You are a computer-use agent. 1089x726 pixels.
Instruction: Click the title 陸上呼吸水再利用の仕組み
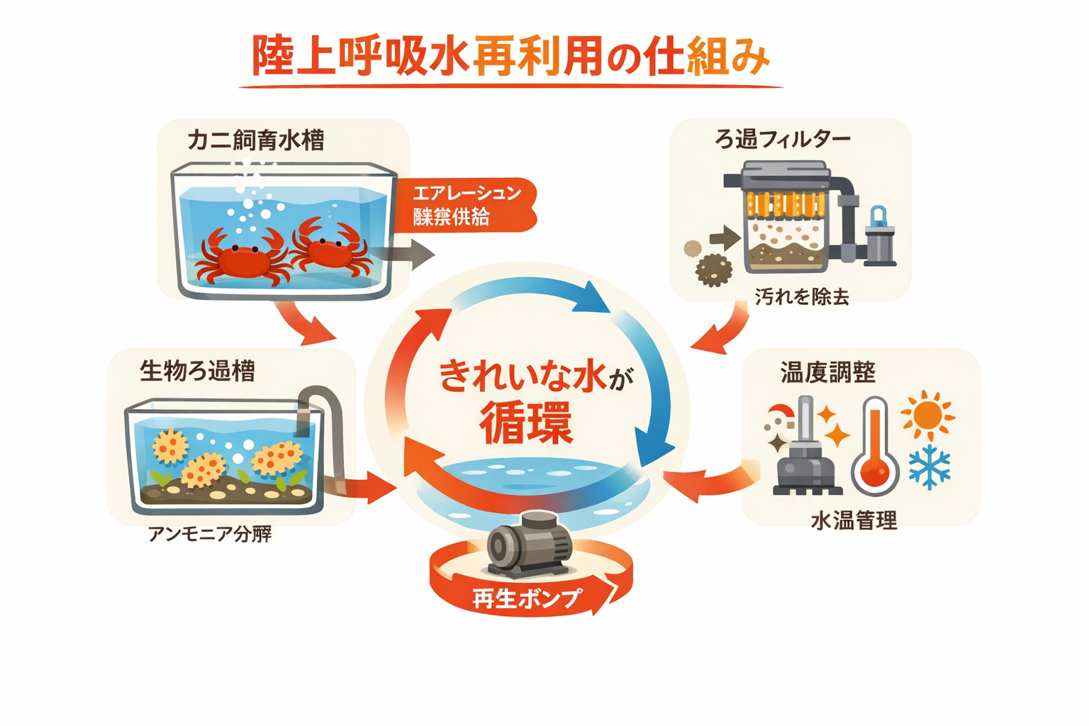click(x=510, y=57)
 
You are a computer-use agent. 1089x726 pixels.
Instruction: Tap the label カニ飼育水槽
click(x=256, y=140)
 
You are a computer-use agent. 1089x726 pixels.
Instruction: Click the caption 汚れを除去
click(x=801, y=296)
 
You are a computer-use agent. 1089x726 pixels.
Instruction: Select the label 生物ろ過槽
click(x=197, y=371)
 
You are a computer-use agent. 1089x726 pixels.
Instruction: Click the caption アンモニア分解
click(x=210, y=534)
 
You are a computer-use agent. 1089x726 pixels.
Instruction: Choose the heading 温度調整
click(x=827, y=372)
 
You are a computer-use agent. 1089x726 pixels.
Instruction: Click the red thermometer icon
click(x=875, y=447)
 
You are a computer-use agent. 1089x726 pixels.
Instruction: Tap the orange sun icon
click(x=927, y=414)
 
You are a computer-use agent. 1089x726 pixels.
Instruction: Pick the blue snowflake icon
click(x=929, y=468)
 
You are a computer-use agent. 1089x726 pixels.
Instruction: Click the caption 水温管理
click(x=854, y=521)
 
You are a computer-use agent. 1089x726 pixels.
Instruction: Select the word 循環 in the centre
click(x=525, y=423)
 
